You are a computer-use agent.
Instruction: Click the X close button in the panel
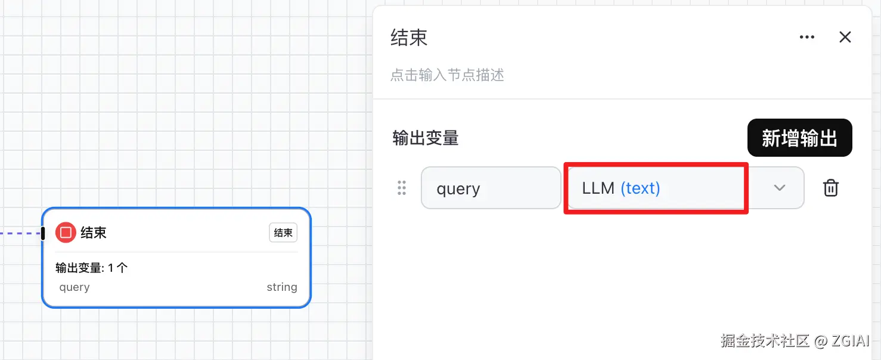pos(845,38)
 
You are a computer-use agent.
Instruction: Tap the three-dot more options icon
pos(806,38)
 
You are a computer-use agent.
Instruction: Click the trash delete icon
pos(830,188)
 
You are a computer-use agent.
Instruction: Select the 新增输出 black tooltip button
pos(799,138)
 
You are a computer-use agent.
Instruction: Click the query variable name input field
pos(491,188)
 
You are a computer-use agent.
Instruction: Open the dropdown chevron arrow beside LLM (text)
pos(779,188)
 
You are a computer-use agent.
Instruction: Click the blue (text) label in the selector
pos(640,188)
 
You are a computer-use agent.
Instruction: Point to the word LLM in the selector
pos(598,188)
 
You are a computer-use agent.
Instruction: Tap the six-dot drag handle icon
pos(402,188)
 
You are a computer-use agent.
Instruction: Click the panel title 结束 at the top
pos(409,38)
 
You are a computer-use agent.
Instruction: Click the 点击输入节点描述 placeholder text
pos(447,75)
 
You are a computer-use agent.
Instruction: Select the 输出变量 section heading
pos(425,138)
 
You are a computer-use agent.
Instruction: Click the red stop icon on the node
pos(66,232)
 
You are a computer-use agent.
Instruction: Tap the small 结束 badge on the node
pos(283,233)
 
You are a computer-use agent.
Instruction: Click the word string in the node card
pos(281,287)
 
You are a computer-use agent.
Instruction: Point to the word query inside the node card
pos(75,287)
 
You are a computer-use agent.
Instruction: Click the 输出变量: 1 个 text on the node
pos(92,268)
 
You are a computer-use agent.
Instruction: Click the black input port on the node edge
pos(43,233)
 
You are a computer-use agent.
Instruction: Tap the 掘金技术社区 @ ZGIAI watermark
pos(794,341)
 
